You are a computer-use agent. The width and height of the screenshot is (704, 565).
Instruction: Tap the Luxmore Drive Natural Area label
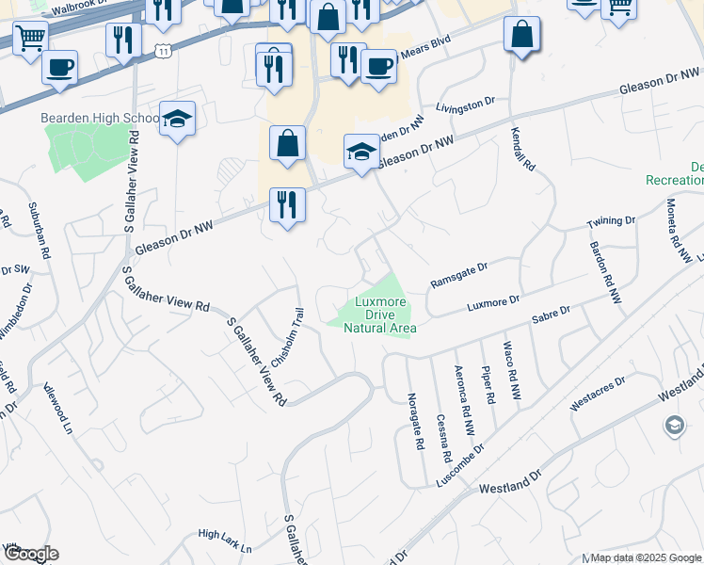[380, 315]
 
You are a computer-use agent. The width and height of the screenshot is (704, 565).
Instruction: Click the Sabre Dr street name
[551, 314]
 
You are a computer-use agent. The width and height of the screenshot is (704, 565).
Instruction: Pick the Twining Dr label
[611, 222]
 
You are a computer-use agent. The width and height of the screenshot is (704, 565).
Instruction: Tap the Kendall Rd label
[522, 149]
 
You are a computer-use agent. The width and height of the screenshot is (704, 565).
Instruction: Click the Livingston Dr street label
[464, 105]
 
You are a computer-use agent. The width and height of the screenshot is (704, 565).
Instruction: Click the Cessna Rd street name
[441, 437]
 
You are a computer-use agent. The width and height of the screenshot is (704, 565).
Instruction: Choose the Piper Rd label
[488, 385]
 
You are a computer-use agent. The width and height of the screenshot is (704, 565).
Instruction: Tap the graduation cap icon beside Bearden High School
[177, 120]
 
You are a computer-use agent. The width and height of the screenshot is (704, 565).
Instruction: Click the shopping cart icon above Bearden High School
[30, 39]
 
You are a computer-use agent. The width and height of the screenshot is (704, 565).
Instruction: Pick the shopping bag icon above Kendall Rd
[521, 36]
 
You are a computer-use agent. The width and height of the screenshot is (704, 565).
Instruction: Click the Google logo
[30, 554]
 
